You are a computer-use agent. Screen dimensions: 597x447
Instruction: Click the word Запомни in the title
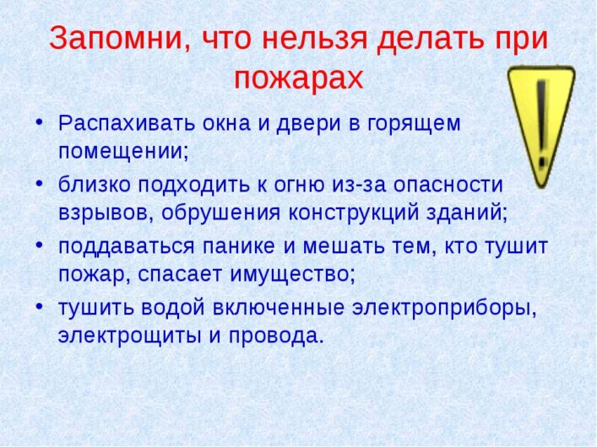[116, 39]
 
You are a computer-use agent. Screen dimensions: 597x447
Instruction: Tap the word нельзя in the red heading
[314, 39]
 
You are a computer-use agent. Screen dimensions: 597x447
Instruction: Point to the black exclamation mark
[542, 124]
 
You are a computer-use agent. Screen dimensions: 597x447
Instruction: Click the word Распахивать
[127, 123]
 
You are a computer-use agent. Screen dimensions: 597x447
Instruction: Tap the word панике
[239, 246]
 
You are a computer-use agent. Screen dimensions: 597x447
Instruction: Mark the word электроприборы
[442, 309]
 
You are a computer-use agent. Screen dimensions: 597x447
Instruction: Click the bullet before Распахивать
[39, 122]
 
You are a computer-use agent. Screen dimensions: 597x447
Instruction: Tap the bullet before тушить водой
[39, 307]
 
